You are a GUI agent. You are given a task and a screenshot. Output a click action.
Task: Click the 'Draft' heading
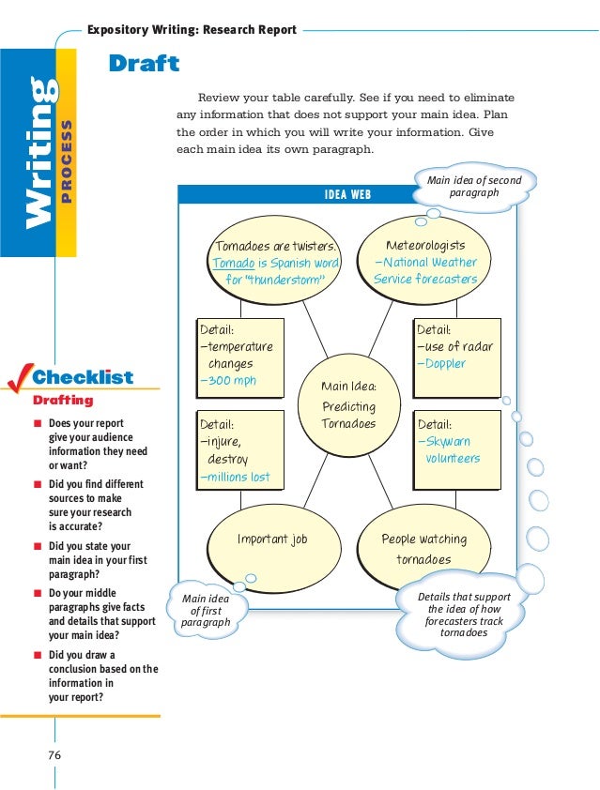(x=144, y=65)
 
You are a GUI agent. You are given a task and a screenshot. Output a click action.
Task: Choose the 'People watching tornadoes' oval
(x=423, y=549)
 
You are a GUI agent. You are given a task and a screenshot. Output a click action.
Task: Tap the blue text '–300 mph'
(x=227, y=381)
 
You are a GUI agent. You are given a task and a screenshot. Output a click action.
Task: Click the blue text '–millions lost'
(x=235, y=477)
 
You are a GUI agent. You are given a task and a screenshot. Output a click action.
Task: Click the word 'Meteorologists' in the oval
(x=425, y=246)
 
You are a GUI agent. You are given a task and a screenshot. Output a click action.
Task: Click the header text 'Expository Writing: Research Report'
(x=192, y=29)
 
